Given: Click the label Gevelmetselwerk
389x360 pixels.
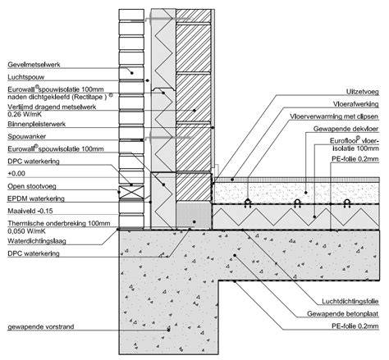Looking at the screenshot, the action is click(x=34, y=65).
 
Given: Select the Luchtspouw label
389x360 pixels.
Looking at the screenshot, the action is click(x=26, y=77).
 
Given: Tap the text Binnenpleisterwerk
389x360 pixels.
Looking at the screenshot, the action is click(x=37, y=124).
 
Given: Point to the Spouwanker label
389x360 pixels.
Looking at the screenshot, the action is click(x=27, y=136).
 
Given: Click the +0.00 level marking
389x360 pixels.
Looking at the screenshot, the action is click(x=16, y=174).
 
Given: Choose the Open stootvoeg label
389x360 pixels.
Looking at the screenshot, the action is click(x=32, y=186).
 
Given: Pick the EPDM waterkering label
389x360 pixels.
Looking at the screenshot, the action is click(x=36, y=198).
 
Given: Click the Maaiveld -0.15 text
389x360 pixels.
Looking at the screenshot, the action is click(x=30, y=211).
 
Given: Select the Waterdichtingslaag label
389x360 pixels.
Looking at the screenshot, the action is click(x=37, y=241).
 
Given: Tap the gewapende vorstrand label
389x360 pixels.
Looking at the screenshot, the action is click(x=41, y=326).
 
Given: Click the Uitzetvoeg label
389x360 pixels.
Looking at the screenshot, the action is click(x=363, y=92).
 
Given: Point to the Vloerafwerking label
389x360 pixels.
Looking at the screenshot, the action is click(x=356, y=104).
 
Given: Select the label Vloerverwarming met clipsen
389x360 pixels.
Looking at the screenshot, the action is click(x=334, y=116).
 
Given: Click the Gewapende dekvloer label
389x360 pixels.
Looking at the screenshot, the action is click(x=346, y=129).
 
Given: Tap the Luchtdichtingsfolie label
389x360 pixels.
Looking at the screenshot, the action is click(x=350, y=302).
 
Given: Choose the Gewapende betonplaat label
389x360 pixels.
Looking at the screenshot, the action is click(x=343, y=314).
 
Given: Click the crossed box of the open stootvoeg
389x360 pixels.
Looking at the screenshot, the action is click(x=131, y=192).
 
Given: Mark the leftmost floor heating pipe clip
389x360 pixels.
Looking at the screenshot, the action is click(x=248, y=203).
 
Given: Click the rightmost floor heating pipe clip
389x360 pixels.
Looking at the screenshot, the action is click(x=347, y=203).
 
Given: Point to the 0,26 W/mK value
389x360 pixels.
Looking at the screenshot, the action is click(x=25, y=114).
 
